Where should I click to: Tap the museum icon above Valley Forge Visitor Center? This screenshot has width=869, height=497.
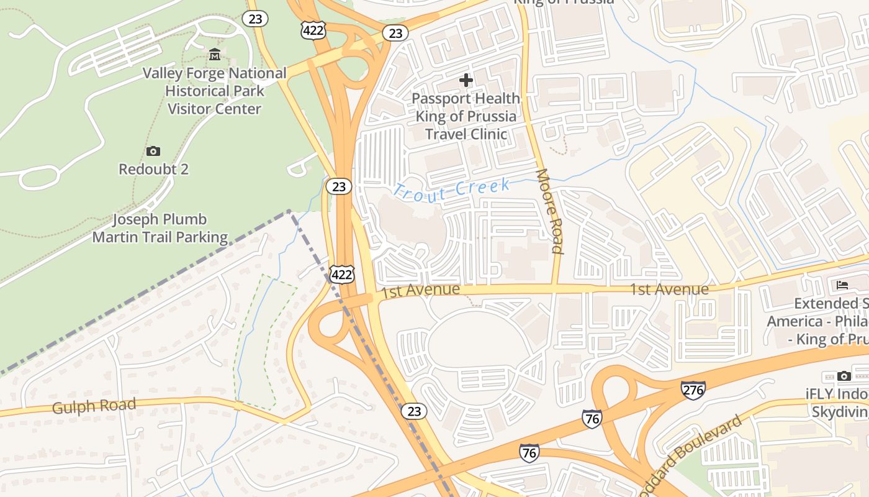pos(215,55)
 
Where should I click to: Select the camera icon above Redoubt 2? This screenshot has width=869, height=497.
pos(153,151)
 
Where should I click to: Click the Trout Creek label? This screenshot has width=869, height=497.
pos(452,189)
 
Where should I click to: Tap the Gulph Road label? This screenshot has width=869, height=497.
pos(94,407)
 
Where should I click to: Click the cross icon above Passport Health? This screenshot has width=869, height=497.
pos(466,80)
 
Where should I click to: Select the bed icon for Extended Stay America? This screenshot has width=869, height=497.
pos(842,285)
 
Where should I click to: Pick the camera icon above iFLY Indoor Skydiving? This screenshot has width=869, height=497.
pos(844,376)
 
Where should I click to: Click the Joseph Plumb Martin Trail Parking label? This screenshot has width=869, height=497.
pos(160,228)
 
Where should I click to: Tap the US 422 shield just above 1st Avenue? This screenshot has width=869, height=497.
pos(342,274)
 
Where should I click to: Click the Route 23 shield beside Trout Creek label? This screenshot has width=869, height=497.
pos(340,186)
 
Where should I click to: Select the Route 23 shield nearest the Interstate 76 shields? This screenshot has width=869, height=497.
pos(413,411)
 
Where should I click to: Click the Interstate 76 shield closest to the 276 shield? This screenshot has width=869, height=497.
pos(592,419)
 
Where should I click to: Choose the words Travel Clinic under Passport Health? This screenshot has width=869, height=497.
pos(466,134)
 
